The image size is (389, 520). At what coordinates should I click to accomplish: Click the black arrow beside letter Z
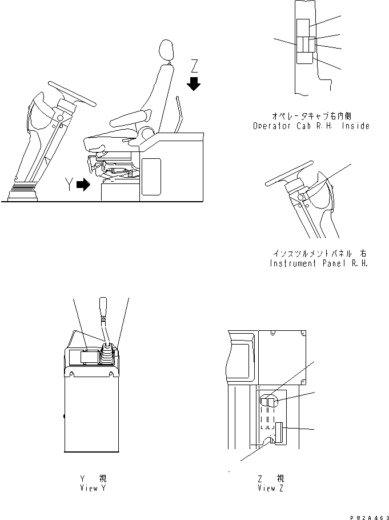[x=194, y=85]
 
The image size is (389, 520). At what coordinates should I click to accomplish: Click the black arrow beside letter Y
[x=83, y=185]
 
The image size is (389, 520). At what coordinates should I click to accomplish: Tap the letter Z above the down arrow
[x=194, y=64]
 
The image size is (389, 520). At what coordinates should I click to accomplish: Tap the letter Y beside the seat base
[x=69, y=185]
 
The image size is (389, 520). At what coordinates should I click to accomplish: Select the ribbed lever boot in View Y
[x=107, y=357]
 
